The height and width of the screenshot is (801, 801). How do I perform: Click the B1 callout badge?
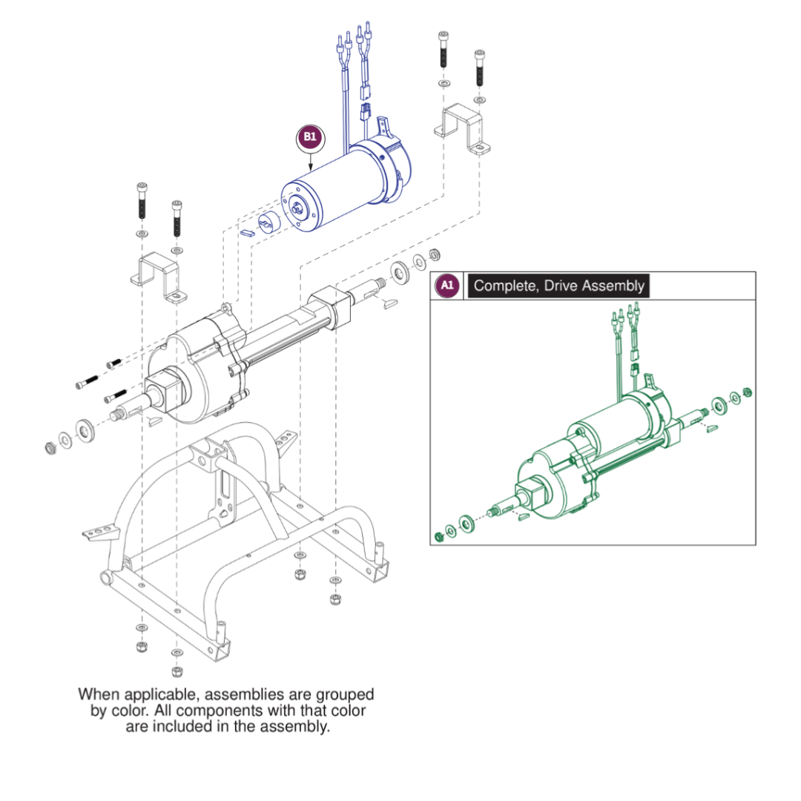click(309, 137)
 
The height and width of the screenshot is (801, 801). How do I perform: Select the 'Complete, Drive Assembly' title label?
click(558, 286)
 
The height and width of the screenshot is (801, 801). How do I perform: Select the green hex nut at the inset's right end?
click(747, 392)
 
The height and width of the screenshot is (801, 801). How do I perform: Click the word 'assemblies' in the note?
click(239, 695)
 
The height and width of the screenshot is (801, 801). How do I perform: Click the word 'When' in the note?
click(98, 695)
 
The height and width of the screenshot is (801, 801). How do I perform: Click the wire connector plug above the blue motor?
click(364, 113)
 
